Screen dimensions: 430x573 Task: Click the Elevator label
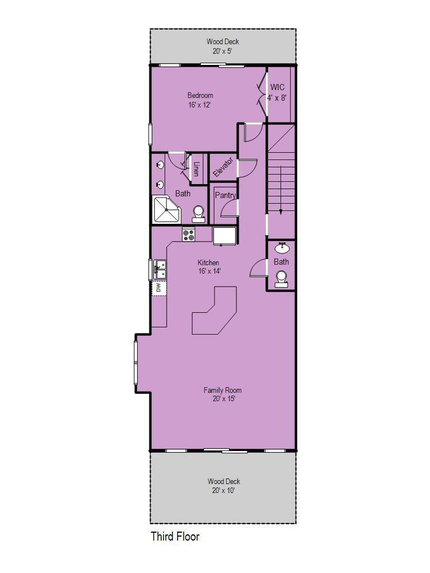tap(223, 167)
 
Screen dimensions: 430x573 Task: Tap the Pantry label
tap(225, 195)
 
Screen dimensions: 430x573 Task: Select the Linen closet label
tap(196, 169)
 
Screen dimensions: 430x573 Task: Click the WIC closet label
tap(277, 87)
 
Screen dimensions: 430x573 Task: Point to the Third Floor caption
tap(175, 537)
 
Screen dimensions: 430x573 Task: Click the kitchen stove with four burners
tap(189, 234)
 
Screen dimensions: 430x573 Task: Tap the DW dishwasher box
tap(158, 288)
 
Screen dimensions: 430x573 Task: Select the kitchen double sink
tap(160, 269)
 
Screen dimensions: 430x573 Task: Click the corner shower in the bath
tap(167, 210)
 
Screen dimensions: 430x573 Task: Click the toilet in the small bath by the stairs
tap(281, 279)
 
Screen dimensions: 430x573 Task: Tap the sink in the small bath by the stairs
tap(282, 248)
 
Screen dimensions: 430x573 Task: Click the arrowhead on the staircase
tap(281, 212)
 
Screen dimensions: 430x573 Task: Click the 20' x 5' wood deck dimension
tap(222, 51)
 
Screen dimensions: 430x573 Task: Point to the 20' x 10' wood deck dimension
tap(223, 490)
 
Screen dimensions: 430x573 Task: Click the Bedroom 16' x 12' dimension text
tap(200, 105)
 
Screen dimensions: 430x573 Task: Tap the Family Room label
tap(223, 390)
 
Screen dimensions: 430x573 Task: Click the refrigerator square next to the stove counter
tap(225, 236)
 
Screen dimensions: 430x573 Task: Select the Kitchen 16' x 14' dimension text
tap(209, 271)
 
